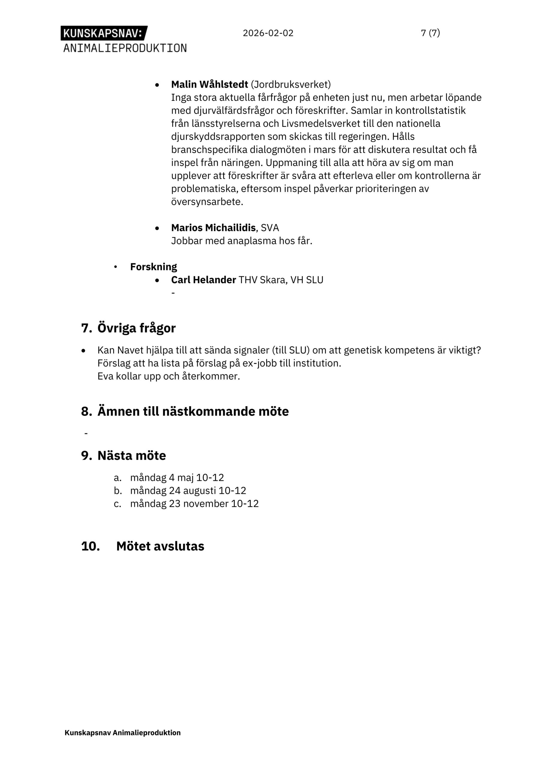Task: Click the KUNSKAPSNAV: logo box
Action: (x=104, y=33)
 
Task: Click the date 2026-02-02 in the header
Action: (x=268, y=33)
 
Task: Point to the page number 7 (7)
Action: (x=430, y=33)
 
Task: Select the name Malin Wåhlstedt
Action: (x=209, y=84)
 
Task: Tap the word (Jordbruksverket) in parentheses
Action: (x=290, y=84)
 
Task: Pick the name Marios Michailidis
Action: (x=214, y=228)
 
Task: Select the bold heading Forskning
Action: (x=153, y=267)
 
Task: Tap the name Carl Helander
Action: (x=203, y=280)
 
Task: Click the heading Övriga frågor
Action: (x=136, y=328)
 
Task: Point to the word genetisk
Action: (x=363, y=350)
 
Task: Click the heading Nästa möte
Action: (x=131, y=456)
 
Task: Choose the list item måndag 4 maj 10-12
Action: (x=177, y=478)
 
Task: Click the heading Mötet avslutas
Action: (x=160, y=546)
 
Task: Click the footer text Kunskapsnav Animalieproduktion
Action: (x=122, y=733)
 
